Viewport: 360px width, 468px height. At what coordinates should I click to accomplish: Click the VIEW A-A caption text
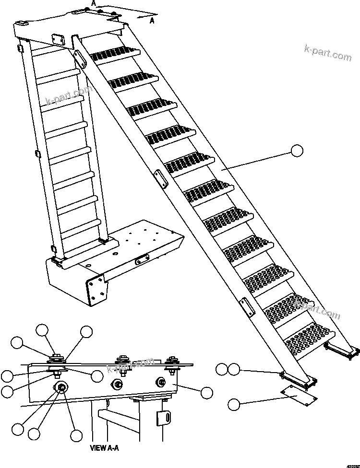[x=104, y=448]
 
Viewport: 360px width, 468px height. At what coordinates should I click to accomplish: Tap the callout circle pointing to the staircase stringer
[x=298, y=151]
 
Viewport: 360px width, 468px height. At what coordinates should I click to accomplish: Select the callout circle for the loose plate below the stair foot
[x=234, y=404]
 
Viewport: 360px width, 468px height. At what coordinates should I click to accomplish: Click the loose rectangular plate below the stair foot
[x=298, y=393]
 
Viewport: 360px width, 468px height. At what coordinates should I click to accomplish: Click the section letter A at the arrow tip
[x=152, y=20]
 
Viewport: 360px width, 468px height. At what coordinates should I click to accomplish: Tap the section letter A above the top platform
[x=94, y=3]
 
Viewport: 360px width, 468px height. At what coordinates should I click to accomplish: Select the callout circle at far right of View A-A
[x=206, y=393]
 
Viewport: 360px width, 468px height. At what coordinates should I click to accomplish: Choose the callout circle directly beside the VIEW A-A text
[x=76, y=435]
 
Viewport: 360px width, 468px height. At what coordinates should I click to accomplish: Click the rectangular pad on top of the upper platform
[x=58, y=38]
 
